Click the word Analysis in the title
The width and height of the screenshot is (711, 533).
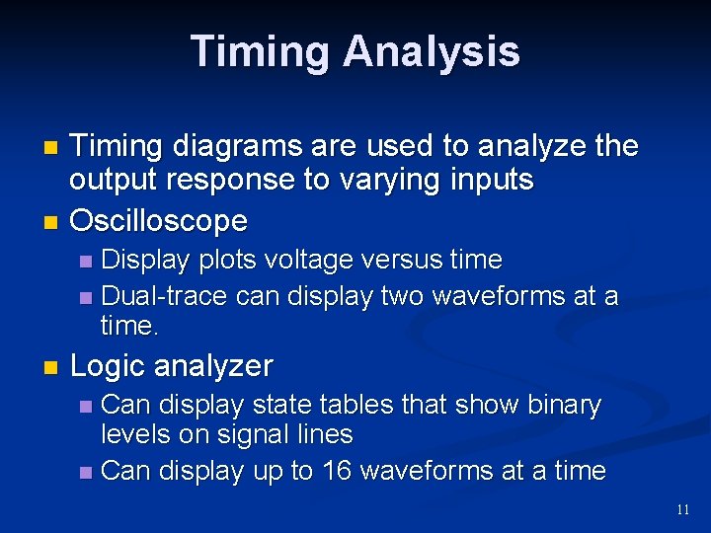(x=432, y=51)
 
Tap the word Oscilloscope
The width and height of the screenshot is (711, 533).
(x=158, y=220)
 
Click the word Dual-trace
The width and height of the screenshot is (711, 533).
(x=164, y=296)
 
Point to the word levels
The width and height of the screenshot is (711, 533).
(x=134, y=434)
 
